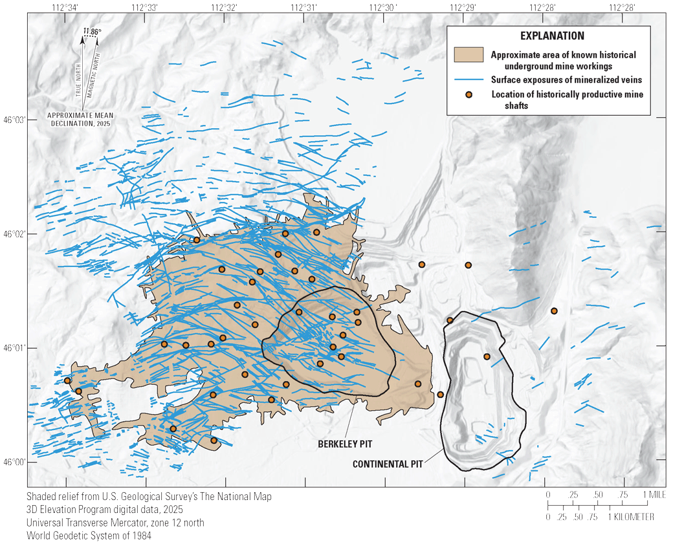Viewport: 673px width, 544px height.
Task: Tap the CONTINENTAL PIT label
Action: point(384,464)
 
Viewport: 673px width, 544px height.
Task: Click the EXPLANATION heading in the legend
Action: point(556,36)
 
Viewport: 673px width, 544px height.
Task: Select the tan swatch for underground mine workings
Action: point(469,54)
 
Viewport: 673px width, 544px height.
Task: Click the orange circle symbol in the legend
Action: point(470,94)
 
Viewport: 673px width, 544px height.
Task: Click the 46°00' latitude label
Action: point(14,462)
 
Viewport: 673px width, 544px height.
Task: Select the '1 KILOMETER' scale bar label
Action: point(631,517)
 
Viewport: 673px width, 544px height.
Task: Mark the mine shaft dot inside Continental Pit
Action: point(487,356)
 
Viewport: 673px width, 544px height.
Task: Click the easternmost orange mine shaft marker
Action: point(554,311)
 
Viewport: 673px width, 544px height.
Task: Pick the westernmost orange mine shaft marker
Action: point(67,380)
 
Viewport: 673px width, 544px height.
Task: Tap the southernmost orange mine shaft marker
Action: point(214,441)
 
